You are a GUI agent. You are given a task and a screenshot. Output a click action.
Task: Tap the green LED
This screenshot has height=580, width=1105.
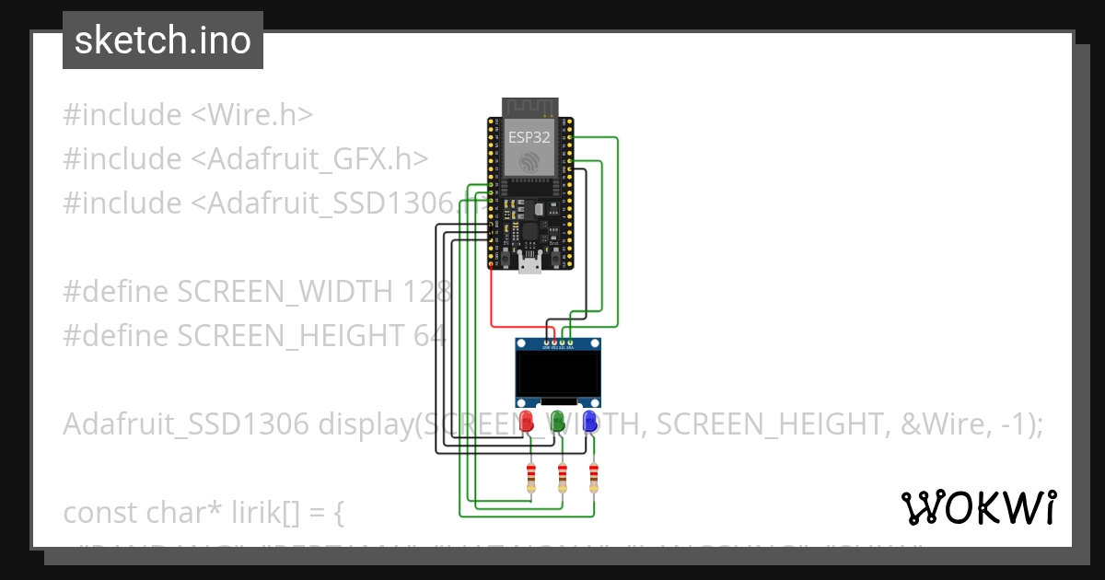point(558,423)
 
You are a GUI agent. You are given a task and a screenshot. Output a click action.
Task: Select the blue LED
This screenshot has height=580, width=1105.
point(589,423)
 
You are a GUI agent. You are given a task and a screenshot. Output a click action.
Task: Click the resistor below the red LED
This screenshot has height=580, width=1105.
point(531,477)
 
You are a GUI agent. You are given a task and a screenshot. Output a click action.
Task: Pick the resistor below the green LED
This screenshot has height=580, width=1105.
point(563,477)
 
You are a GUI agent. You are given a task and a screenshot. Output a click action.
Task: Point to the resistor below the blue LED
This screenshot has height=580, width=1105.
point(594,477)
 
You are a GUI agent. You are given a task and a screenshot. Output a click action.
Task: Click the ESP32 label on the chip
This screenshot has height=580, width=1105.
point(529,137)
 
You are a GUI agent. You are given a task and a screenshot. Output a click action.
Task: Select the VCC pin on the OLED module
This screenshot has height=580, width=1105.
point(554,342)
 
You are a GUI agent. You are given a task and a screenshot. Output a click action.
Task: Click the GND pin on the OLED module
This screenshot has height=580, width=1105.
point(546,342)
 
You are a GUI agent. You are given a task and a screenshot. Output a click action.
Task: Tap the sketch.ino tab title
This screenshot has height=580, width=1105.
point(163,41)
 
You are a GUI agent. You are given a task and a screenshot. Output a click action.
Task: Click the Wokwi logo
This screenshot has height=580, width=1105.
point(978,507)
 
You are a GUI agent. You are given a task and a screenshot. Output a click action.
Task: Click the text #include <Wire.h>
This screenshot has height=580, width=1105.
point(189,115)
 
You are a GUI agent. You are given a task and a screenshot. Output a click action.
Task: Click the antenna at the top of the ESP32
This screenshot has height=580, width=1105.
point(529,107)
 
